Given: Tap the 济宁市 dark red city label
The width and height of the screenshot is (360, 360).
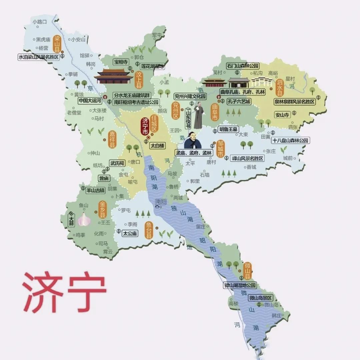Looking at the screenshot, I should [x=145, y=126].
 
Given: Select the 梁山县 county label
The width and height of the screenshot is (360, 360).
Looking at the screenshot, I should [x=57, y=44].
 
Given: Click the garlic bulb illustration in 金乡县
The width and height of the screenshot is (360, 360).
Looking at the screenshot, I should [x=84, y=219].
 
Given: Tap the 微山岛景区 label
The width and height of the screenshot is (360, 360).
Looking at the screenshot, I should [x=260, y=298].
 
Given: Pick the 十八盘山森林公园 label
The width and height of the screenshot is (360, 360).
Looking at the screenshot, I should [x=290, y=140].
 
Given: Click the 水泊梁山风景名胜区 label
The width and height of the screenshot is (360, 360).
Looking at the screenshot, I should [x=39, y=57].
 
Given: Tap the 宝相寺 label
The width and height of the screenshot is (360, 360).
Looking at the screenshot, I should [x=121, y=62].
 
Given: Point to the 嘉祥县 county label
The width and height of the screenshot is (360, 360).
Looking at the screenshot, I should [x=112, y=139].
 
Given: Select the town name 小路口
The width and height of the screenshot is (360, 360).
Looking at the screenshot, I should [x=40, y=22].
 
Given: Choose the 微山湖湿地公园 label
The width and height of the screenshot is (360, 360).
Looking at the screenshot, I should [x=240, y=285].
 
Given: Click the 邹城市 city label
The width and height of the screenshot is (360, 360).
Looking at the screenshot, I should [x=220, y=149].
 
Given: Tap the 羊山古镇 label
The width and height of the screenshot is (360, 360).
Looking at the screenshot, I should [x=95, y=190].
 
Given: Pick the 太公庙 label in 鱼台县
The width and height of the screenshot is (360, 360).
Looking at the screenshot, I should [x=130, y=233].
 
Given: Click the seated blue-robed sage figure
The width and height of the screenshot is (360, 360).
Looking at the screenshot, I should [x=192, y=141].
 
